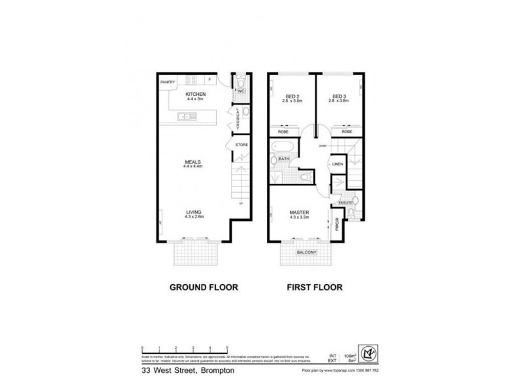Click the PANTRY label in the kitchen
[x=168, y=82]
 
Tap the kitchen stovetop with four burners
[x=192, y=81]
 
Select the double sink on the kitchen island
[x=185, y=117]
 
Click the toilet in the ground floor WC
[x=241, y=82]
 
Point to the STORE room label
[x=241, y=145]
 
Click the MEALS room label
[x=192, y=161]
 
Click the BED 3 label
[x=338, y=95]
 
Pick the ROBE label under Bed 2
[x=284, y=131]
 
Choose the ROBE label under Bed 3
[x=346, y=131]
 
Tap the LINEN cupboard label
[x=338, y=164]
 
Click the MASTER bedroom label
[x=299, y=212]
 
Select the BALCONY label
[x=306, y=252]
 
